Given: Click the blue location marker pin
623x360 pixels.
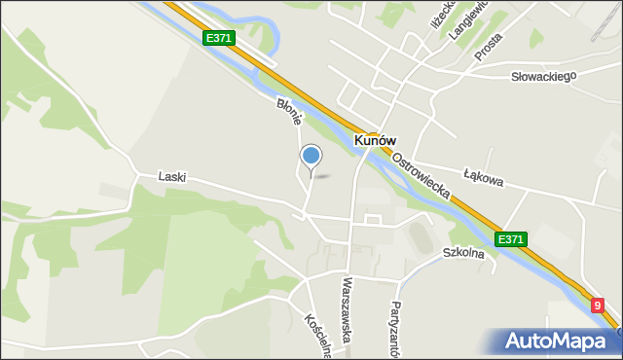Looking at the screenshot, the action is point(311,156).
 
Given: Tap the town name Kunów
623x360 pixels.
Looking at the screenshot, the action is point(375,141).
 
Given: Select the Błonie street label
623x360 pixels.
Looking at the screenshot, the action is point(290,110).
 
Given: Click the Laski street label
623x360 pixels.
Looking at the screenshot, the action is point(172,178).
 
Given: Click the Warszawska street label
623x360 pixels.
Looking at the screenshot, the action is point(347,312).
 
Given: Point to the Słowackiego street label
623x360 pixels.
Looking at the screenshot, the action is point(544,76).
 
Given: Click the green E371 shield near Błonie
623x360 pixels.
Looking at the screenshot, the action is point(218,37).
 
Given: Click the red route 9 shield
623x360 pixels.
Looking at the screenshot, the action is point(599,306).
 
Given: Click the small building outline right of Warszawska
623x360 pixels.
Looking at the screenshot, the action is point(371,219).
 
